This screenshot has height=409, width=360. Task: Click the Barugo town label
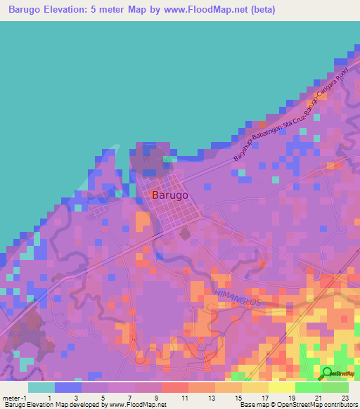tap(169, 196)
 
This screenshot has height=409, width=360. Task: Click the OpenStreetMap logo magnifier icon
tap(328, 372)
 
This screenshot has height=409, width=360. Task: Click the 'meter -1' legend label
tap(15, 398)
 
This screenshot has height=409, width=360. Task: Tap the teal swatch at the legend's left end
tap(41, 387)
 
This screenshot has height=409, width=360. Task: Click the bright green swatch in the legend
tap(308, 387)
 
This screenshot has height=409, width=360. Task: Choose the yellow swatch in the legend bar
tap(281, 387)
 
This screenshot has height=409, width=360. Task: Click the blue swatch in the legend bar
tap(68, 387)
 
